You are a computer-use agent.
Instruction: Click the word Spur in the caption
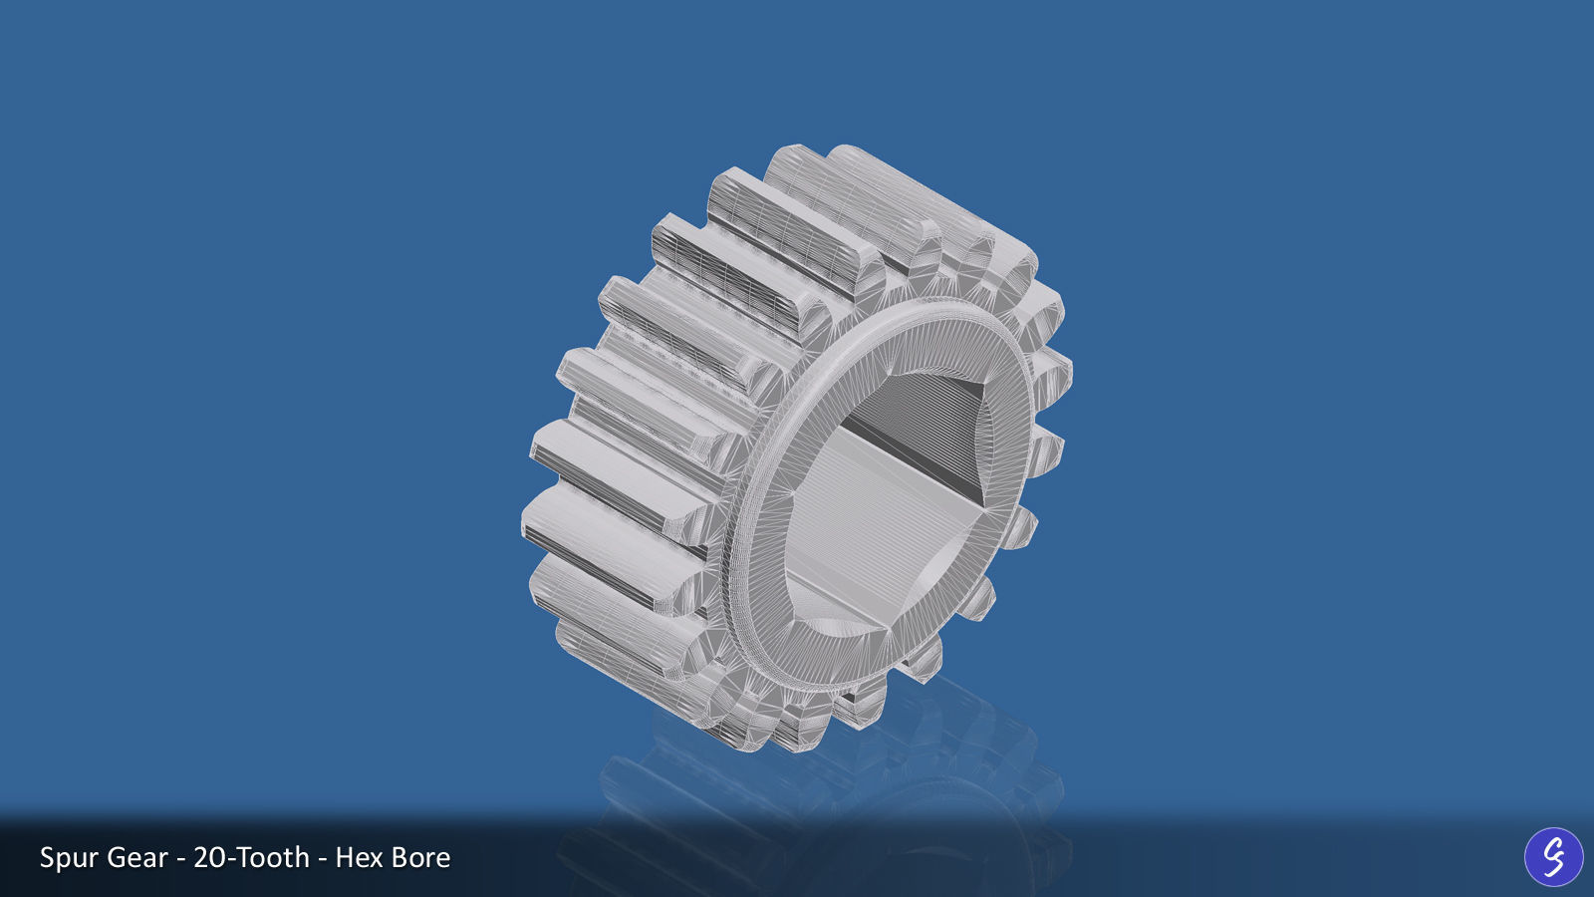tap(68, 858)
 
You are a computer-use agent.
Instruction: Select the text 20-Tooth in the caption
tap(251, 858)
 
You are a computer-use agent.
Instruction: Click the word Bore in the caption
tap(420, 858)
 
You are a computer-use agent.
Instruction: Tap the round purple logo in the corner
tap(1553, 857)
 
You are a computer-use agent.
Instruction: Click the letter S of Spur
tap(47, 858)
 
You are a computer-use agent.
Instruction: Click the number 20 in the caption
tap(208, 858)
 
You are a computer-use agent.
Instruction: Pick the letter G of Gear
tap(116, 858)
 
